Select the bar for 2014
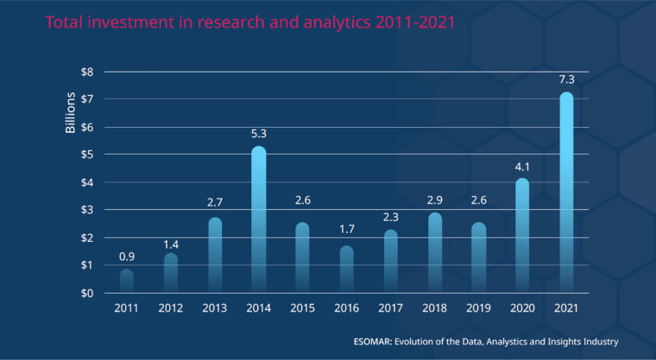258,219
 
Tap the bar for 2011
126,281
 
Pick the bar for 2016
346,268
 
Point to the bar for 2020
522,235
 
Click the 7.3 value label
566,79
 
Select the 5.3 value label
258,134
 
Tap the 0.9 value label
126,256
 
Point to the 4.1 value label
522,166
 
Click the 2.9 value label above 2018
434,199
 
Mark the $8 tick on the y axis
86,73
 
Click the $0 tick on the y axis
86,293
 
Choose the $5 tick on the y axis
86,155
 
